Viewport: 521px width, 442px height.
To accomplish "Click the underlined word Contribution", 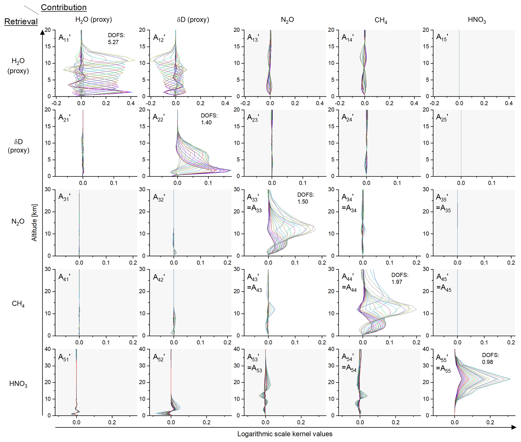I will (x=64, y=7).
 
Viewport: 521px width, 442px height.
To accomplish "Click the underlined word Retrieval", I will (x=21, y=21).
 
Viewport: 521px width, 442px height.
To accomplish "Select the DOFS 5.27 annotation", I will (x=116, y=39).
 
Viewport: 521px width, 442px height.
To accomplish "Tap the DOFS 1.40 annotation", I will (x=209, y=119).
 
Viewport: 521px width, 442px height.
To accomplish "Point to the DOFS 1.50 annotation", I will (x=305, y=198).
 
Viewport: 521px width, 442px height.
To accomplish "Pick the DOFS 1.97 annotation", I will (x=400, y=278).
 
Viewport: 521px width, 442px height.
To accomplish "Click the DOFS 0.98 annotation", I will (x=490, y=358).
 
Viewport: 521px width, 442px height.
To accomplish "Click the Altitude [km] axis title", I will (x=34, y=223).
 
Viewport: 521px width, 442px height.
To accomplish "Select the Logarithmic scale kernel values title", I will (x=285, y=434).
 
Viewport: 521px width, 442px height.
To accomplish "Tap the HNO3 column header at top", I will (x=477, y=20).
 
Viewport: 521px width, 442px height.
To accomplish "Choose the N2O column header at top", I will (x=287, y=20).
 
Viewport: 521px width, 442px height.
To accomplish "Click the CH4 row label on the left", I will (x=18, y=304).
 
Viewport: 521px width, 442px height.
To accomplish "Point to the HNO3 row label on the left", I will (x=18, y=384).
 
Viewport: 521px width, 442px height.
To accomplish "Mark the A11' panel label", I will (x=64, y=38).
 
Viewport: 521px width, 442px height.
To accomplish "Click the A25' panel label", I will (x=442, y=118).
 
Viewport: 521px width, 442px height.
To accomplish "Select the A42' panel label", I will (x=159, y=278).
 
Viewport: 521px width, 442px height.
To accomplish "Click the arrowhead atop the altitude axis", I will (x=43, y=32).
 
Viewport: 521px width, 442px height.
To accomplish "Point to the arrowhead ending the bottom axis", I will (x=514, y=427).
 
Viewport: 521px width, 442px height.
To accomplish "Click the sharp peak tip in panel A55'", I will (x=510, y=379).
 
